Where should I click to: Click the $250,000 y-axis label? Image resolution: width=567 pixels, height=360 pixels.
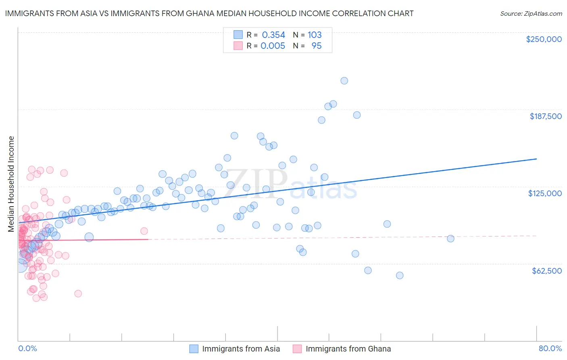pyautogui.click(x=544, y=39)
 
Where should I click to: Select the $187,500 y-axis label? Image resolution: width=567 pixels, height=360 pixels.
pyautogui.click(x=545, y=116)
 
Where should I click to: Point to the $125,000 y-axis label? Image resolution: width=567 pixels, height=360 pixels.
pyautogui.click(x=545, y=193)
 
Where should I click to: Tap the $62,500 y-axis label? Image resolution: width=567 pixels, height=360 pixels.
pyautogui.click(x=546, y=271)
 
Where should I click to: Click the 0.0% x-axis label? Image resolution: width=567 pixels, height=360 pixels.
pyautogui.click(x=27, y=348)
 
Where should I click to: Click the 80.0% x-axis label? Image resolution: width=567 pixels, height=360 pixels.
pyautogui.click(x=550, y=348)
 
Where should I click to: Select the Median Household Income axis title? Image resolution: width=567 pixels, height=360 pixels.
pyautogui.click(x=11, y=184)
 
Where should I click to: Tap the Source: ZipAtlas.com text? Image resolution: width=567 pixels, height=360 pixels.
pyautogui.click(x=531, y=14)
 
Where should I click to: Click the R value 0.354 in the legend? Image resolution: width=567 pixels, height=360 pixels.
pyautogui.click(x=273, y=35)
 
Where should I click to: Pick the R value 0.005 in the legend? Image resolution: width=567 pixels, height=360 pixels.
pyautogui.click(x=273, y=46)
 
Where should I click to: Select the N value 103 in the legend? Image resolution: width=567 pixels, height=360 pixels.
pyautogui.click(x=315, y=35)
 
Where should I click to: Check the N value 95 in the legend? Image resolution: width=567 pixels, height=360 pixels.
pyautogui.click(x=317, y=46)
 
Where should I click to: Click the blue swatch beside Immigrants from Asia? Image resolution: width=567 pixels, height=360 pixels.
pyautogui.click(x=194, y=349)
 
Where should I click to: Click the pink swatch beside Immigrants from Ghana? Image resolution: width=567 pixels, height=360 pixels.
pyautogui.click(x=297, y=349)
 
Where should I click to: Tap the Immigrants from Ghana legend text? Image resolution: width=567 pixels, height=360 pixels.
pyautogui.click(x=348, y=349)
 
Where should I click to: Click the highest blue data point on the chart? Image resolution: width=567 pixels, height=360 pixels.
pyautogui.click(x=344, y=81)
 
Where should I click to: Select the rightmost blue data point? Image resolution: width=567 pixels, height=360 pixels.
pyautogui.click(x=450, y=239)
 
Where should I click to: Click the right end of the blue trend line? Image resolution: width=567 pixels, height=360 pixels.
pyautogui.click(x=536, y=159)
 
